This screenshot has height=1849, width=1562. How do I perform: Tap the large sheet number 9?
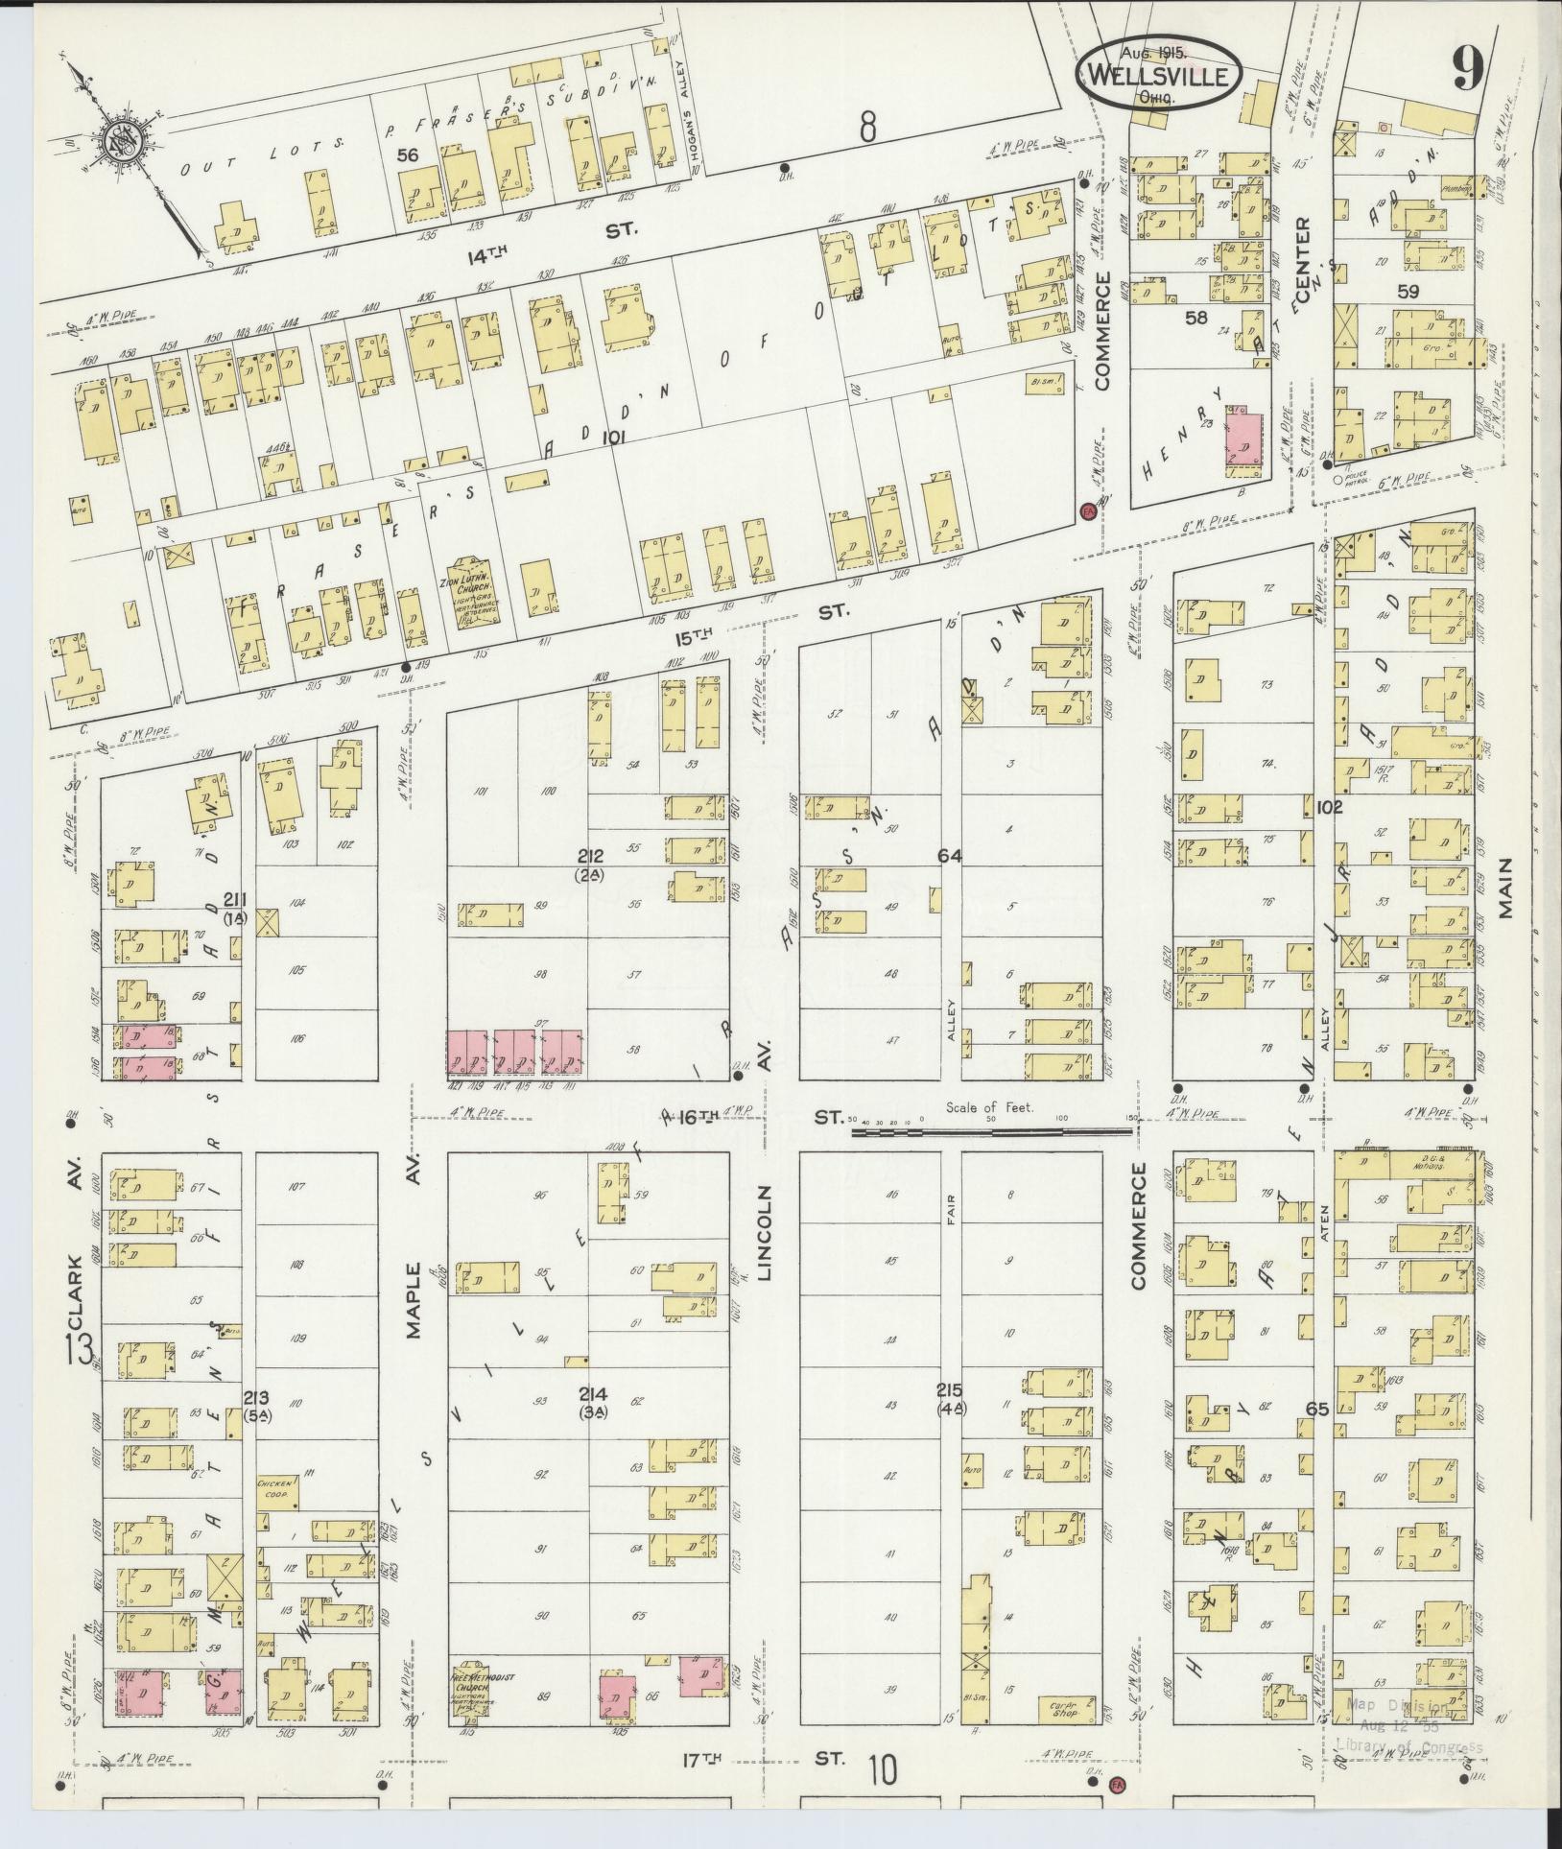pyautogui.click(x=1468, y=69)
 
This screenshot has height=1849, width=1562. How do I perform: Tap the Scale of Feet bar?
pyautogui.click(x=992, y=1131)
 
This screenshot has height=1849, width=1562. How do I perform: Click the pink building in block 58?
pyautogui.click(x=1244, y=440)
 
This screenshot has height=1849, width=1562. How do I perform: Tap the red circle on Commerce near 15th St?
pyautogui.click(x=1087, y=511)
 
